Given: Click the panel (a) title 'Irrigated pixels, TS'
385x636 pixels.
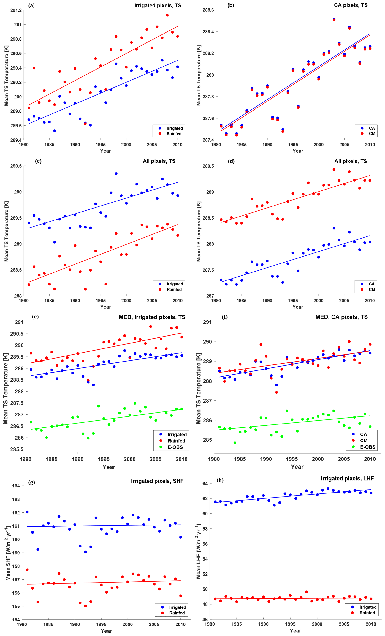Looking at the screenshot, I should point(158,5).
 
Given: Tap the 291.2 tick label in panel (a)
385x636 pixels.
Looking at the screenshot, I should point(16,10).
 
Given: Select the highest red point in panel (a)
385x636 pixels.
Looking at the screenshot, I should point(167,15).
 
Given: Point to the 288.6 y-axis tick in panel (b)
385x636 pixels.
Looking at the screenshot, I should point(208,10).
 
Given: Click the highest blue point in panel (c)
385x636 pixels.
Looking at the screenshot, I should point(116,174).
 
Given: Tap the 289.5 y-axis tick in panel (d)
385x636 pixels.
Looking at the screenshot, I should point(208,166).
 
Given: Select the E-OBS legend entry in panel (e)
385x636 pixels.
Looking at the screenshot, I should point(175,447).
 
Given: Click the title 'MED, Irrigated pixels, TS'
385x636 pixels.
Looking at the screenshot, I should point(152,317).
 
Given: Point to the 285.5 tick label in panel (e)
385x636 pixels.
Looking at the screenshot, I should point(17,449).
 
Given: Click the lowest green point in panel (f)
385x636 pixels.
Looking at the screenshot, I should point(235,443).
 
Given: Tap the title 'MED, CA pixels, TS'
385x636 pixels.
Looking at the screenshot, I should point(341,317).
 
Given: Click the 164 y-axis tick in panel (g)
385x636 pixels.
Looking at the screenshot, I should point(16,486).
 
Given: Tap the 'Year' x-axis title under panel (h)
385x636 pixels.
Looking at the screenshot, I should point(295,631).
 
